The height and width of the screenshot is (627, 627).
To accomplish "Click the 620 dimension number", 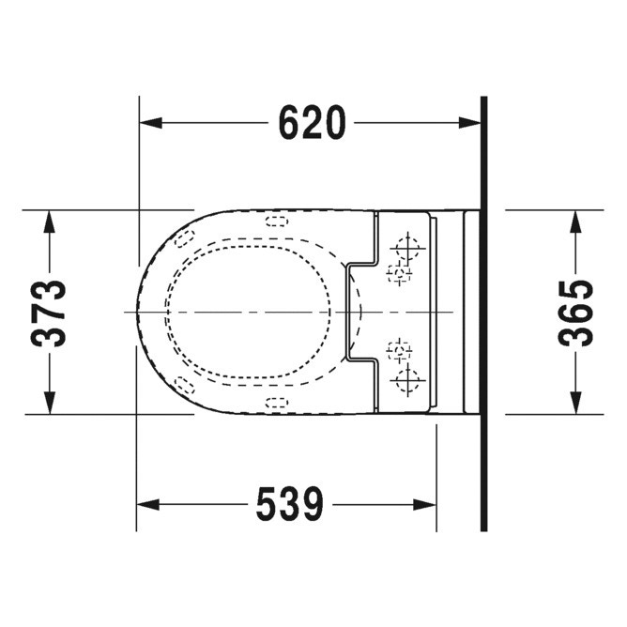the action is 312,123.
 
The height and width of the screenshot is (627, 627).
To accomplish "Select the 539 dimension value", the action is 289,504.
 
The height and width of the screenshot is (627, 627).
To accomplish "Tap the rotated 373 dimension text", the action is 49,313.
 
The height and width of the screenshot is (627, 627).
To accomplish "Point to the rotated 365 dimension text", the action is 575,313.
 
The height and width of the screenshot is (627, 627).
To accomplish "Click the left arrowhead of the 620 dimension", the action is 151,123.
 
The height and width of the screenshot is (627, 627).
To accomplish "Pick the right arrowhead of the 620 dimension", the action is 469,123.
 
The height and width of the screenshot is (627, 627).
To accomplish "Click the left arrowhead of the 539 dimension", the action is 148,505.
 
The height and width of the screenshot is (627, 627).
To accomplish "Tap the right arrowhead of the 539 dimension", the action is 424,505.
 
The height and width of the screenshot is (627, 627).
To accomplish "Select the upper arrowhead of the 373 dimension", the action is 49,222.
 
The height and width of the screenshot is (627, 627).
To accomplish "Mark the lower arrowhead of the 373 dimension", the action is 49,403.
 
